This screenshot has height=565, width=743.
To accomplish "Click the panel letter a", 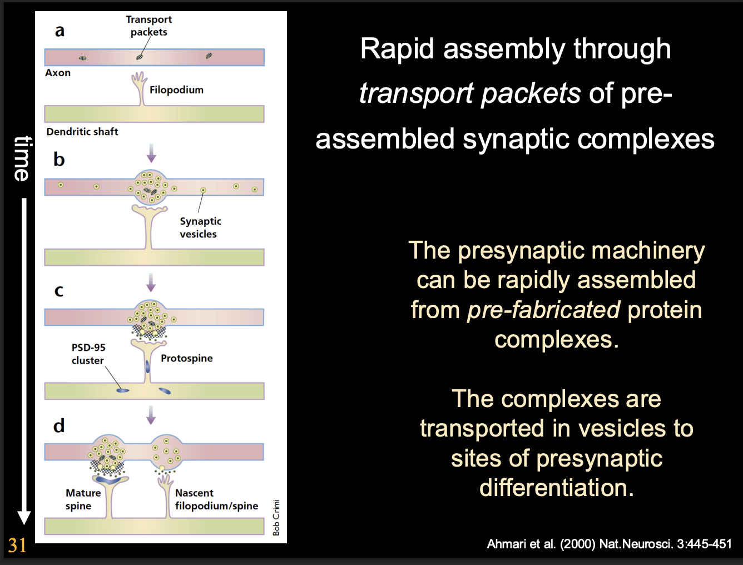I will [60, 31].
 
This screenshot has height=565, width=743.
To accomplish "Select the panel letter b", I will [59, 160].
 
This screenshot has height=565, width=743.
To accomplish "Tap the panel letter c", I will [59, 290].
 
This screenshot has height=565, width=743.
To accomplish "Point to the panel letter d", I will [59, 426].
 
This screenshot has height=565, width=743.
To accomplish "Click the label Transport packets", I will [148, 26].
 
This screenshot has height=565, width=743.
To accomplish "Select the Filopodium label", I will [176, 90].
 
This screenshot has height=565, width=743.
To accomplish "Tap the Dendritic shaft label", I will [82, 132].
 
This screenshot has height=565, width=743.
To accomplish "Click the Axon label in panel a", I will [58, 73].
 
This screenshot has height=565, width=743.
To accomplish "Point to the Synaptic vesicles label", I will [200, 227].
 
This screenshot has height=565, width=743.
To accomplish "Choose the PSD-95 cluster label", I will [88, 354].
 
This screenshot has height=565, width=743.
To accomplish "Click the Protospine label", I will [187, 358].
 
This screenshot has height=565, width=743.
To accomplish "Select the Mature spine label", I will [83, 499].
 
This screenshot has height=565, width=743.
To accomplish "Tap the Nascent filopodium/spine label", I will [216, 499].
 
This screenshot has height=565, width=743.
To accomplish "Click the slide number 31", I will [17, 545].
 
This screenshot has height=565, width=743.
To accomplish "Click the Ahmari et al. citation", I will [609, 544].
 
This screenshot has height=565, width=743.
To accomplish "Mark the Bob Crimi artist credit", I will [276, 517].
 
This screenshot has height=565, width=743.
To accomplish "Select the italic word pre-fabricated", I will [543, 310].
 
